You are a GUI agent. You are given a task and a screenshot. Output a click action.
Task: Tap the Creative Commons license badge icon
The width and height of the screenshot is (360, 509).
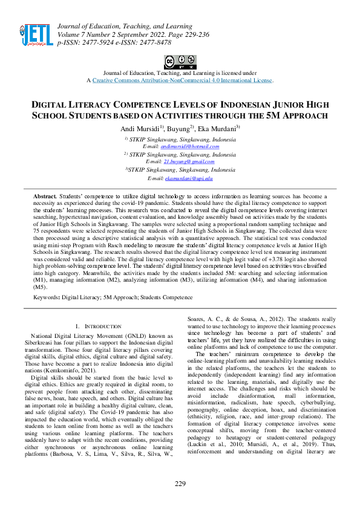pos(180,62)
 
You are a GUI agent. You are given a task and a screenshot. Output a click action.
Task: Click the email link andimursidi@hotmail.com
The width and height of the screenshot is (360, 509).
pos(177,146)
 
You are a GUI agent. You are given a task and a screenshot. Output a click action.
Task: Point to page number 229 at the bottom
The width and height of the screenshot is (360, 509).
pos(180,483)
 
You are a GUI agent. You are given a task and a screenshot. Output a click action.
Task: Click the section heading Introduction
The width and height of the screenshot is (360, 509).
pos(96,326)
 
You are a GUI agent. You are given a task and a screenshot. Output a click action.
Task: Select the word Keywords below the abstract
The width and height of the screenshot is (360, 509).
pos(46,297)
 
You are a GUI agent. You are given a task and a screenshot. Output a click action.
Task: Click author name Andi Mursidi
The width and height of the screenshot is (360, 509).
pos(141,129)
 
